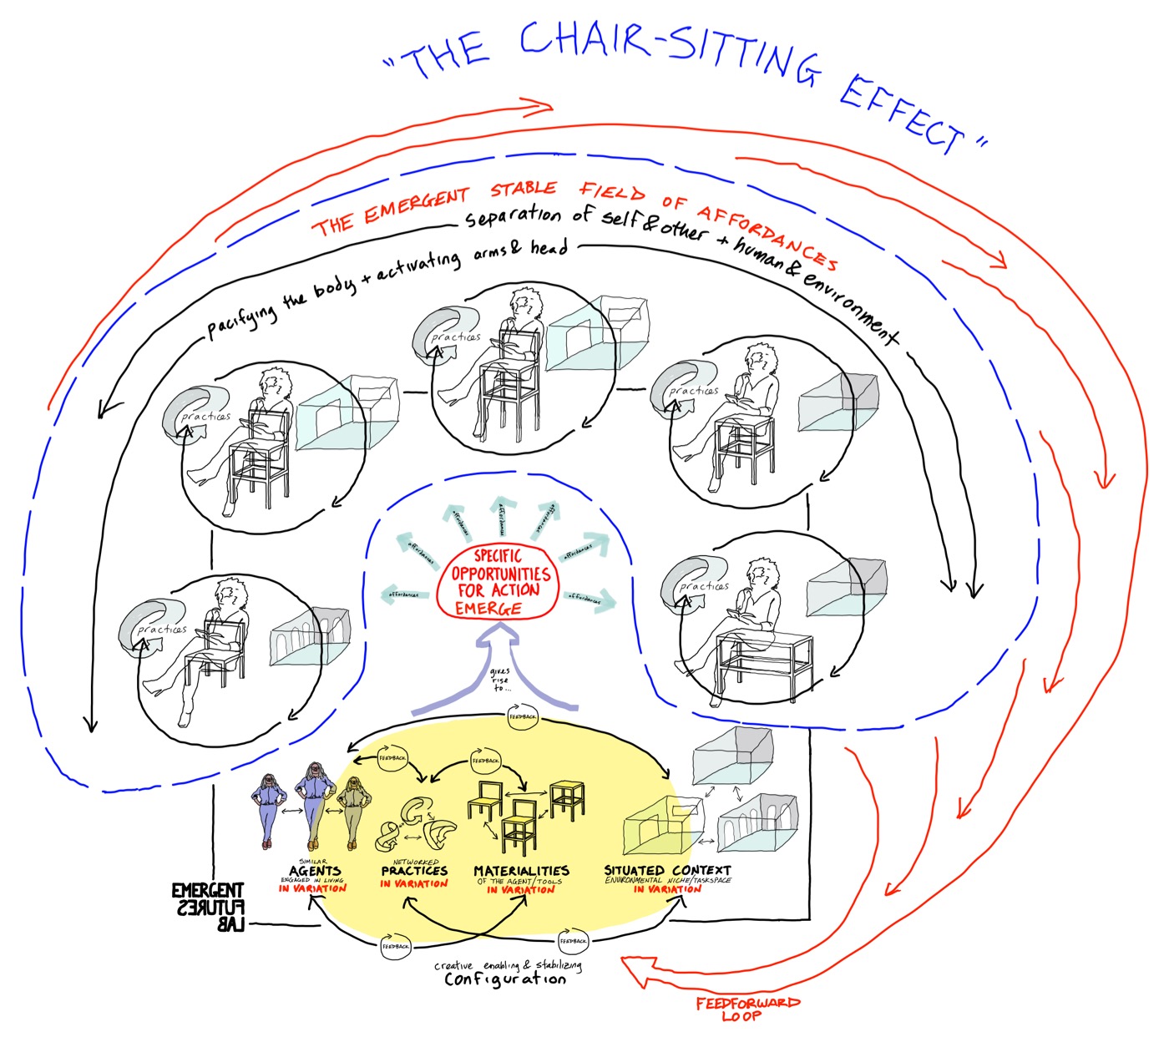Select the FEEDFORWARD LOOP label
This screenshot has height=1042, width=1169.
coord(747,1009)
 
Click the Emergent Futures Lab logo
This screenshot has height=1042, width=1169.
coord(208,907)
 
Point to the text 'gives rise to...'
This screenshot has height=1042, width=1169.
coord(499,680)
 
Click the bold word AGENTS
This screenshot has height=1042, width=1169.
coord(315,870)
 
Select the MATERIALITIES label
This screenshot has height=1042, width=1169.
coord(521,870)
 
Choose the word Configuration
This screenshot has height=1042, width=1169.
coord(504,979)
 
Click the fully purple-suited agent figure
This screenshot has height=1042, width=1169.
coord(270,808)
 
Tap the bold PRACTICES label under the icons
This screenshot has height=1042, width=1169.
coord(414,870)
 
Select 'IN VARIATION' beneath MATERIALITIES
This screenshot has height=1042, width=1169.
coord(520,890)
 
